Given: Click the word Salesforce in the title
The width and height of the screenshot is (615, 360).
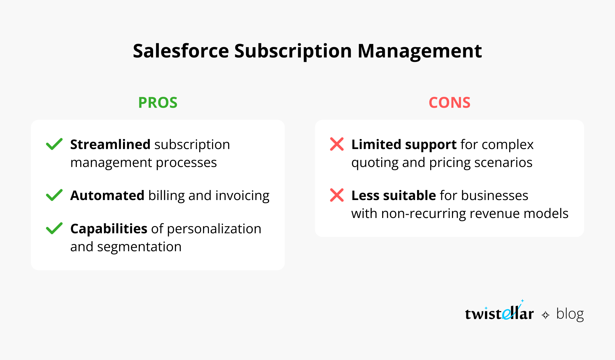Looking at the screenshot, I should (181, 51).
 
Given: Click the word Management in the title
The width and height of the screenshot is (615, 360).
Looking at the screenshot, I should (419, 51).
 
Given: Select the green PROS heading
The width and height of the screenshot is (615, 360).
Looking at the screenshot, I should (158, 103).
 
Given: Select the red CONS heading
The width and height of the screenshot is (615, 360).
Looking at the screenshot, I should (449, 103).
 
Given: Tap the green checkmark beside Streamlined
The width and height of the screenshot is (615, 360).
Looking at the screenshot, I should (54, 144).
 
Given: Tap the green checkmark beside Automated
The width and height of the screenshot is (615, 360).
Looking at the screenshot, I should (54, 195).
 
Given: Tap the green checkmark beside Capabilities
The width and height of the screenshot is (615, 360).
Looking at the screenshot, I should (54, 228).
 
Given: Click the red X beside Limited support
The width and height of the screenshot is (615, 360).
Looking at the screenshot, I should (337, 144).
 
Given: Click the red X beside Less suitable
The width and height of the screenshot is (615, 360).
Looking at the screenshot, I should (337, 195).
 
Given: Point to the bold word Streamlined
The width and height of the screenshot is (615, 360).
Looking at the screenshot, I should (110, 145).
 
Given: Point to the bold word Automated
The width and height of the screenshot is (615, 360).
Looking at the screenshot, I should (107, 196).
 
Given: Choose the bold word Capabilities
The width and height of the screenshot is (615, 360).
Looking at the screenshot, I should (109, 229).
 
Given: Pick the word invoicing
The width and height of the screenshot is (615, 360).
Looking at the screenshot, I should (242, 196).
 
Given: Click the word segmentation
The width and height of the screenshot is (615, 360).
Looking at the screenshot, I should (139, 247).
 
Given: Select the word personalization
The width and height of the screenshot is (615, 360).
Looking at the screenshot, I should (214, 229).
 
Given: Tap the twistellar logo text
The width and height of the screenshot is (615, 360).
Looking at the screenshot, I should (499, 313).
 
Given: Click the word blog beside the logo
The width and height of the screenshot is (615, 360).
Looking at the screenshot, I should (570, 314).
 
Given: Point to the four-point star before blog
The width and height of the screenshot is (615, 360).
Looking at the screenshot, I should (545, 315).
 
